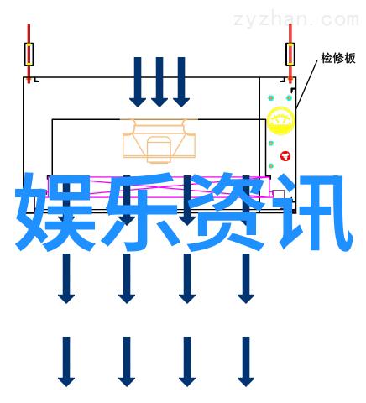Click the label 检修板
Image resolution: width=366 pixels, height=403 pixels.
338,58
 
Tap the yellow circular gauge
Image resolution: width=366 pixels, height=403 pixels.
280,121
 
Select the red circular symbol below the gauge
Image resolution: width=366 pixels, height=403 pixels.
285,156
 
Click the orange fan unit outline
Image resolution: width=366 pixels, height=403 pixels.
159,141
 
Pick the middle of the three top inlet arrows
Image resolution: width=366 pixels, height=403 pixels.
159,82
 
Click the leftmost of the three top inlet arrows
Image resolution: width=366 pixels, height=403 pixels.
138,82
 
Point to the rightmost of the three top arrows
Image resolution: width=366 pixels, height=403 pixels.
181,82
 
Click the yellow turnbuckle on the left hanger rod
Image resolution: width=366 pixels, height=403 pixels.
29,55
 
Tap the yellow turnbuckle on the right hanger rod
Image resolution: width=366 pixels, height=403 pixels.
290,55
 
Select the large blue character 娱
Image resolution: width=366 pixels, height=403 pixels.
55,212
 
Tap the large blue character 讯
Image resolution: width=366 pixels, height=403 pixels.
313,212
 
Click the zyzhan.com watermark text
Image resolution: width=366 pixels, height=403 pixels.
296,19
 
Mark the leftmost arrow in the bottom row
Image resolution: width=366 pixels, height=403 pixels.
66,362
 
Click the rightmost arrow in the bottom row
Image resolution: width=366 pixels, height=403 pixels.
246,362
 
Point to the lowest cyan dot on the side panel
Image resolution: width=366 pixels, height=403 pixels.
271,166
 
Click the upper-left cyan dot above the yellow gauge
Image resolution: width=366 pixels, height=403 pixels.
270,98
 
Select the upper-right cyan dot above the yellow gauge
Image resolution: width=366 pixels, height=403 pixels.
289,98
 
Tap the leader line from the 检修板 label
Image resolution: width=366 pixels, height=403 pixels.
307,83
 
